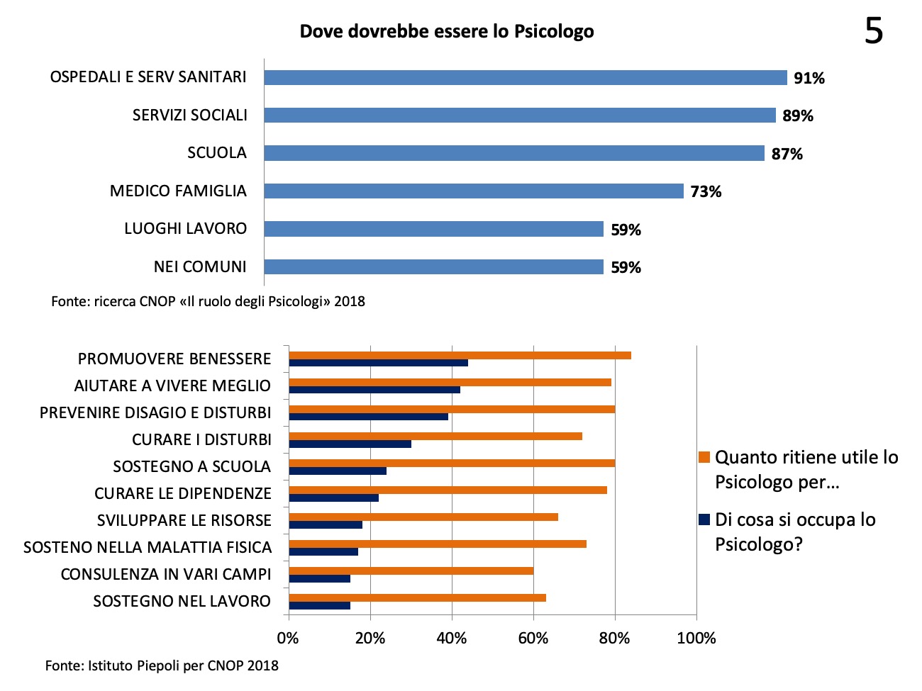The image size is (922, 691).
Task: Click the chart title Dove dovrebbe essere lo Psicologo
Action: click(447, 32)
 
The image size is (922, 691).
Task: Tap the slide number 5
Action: click(874, 32)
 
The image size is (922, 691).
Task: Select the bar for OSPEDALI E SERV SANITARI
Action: click(525, 77)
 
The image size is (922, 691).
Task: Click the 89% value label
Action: click(798, 116)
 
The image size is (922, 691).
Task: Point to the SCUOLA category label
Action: click(217, 153)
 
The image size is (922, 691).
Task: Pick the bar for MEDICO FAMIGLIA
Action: click(473, 191)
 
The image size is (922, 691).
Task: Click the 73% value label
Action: click(706, 192)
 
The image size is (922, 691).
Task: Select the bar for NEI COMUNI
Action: click(433, 266)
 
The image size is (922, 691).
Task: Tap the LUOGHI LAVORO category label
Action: click(185, 229)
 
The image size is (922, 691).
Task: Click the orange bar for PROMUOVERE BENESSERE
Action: click(460, 355)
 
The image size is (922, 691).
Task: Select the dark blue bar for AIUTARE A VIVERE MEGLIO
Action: click(374, 390)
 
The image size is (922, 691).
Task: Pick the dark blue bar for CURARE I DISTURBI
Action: click(350, 444)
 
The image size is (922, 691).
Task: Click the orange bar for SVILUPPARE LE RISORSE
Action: click(423, 517)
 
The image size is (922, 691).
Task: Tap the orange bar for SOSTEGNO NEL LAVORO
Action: click(417, 597)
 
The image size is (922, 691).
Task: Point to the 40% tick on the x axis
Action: click(452, 639)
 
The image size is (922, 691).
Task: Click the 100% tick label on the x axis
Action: click(696, 639)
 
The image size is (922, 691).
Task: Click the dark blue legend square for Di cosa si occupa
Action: click(704, 519)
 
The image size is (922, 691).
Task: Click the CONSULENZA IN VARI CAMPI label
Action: click(166, 574)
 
